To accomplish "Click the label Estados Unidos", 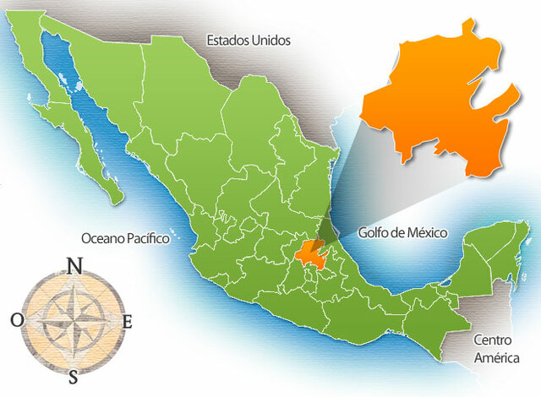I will coord(249,40).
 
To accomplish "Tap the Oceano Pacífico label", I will coord(125,238).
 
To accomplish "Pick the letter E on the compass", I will coord(128,321).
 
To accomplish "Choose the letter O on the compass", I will coord(17,320).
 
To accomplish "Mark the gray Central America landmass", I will coord(482,372).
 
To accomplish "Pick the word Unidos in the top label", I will coord(270,40).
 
